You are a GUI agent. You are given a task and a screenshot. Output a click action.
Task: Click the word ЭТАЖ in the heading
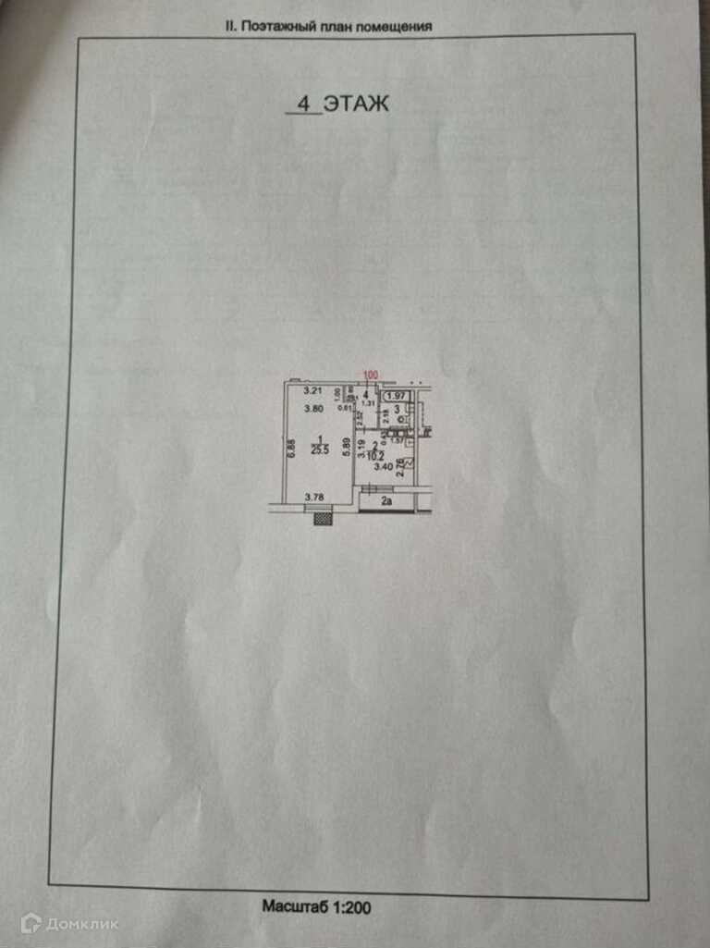tap(355, 104)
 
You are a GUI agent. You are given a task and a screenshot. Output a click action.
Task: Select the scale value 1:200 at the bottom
tap(350, 908)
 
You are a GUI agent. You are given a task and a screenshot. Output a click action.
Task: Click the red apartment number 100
tap(370, 375)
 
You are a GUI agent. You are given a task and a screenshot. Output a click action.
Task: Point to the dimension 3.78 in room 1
tap(316, 498)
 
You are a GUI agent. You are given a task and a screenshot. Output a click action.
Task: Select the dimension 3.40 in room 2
tap(384, 467)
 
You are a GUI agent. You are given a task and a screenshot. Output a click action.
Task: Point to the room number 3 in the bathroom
tap(398, 409)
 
